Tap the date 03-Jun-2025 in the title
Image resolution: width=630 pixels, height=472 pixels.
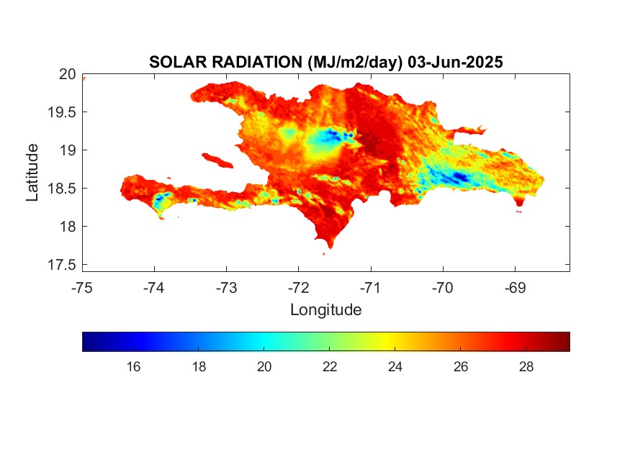coord(455,63)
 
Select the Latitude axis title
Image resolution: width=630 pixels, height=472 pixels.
coord(32,172)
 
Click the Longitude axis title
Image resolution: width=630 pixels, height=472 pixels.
coord(325,310)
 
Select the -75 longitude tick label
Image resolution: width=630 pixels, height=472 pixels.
coord(82,287)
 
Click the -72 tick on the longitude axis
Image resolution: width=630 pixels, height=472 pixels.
coord(298,287)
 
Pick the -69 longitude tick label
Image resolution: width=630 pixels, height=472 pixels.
coord(515,287)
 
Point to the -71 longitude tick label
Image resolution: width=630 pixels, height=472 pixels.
coord(371,287)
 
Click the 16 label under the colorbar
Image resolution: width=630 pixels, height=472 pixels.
coord(133,367)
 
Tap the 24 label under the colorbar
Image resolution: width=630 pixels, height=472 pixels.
coord(395,367)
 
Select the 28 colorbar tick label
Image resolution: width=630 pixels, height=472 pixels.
coord(526,367)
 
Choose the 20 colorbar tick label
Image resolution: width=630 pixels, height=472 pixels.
coord(264,367)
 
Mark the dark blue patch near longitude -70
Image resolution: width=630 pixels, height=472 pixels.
coord(460,177)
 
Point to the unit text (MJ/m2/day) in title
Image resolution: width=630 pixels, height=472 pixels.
coord(353,63)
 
